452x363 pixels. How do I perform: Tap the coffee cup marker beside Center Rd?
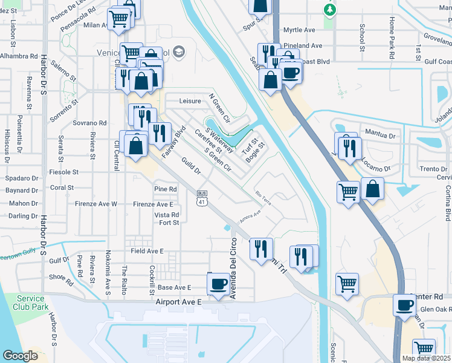404,305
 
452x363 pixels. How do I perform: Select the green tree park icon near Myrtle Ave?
329,10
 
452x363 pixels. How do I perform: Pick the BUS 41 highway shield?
202,199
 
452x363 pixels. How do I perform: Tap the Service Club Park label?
30,302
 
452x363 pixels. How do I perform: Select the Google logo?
20,356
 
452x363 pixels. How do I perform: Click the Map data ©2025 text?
426,358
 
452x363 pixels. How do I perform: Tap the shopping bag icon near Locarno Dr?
373,188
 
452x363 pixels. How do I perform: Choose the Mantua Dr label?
379,131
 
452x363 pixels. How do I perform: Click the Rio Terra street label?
264,198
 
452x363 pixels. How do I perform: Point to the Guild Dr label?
191,166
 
